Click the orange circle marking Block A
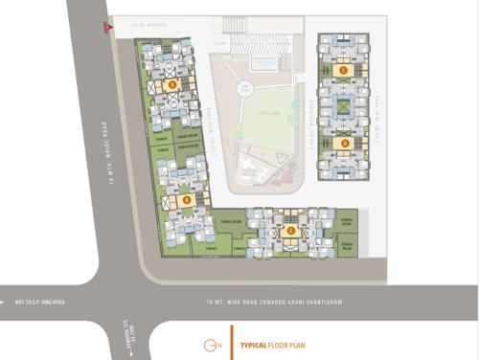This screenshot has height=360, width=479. tap(172, 84)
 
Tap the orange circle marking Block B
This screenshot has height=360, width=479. tap(186, 200)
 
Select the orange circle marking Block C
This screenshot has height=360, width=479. tap(290, 230)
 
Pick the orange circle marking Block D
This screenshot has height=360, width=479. tap(344, 143)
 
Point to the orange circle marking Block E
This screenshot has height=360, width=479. tap(344, 70)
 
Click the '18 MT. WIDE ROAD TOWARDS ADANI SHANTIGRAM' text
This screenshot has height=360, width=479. tap(274, 303)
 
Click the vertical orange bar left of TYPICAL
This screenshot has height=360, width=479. tap(231, 342)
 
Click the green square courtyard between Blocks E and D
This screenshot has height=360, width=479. tap(344, 106)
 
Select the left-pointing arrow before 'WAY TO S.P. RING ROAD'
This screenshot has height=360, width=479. tap(5, 303)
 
